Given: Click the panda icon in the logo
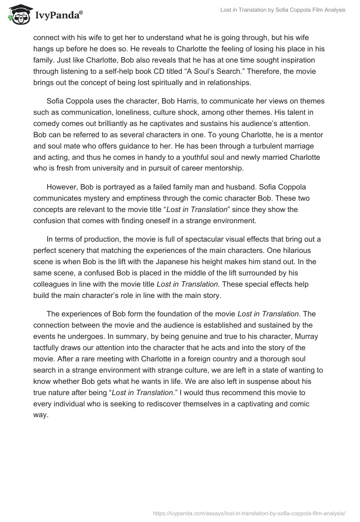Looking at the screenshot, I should point(17,14).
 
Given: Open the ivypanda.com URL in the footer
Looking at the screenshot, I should point(249,513).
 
